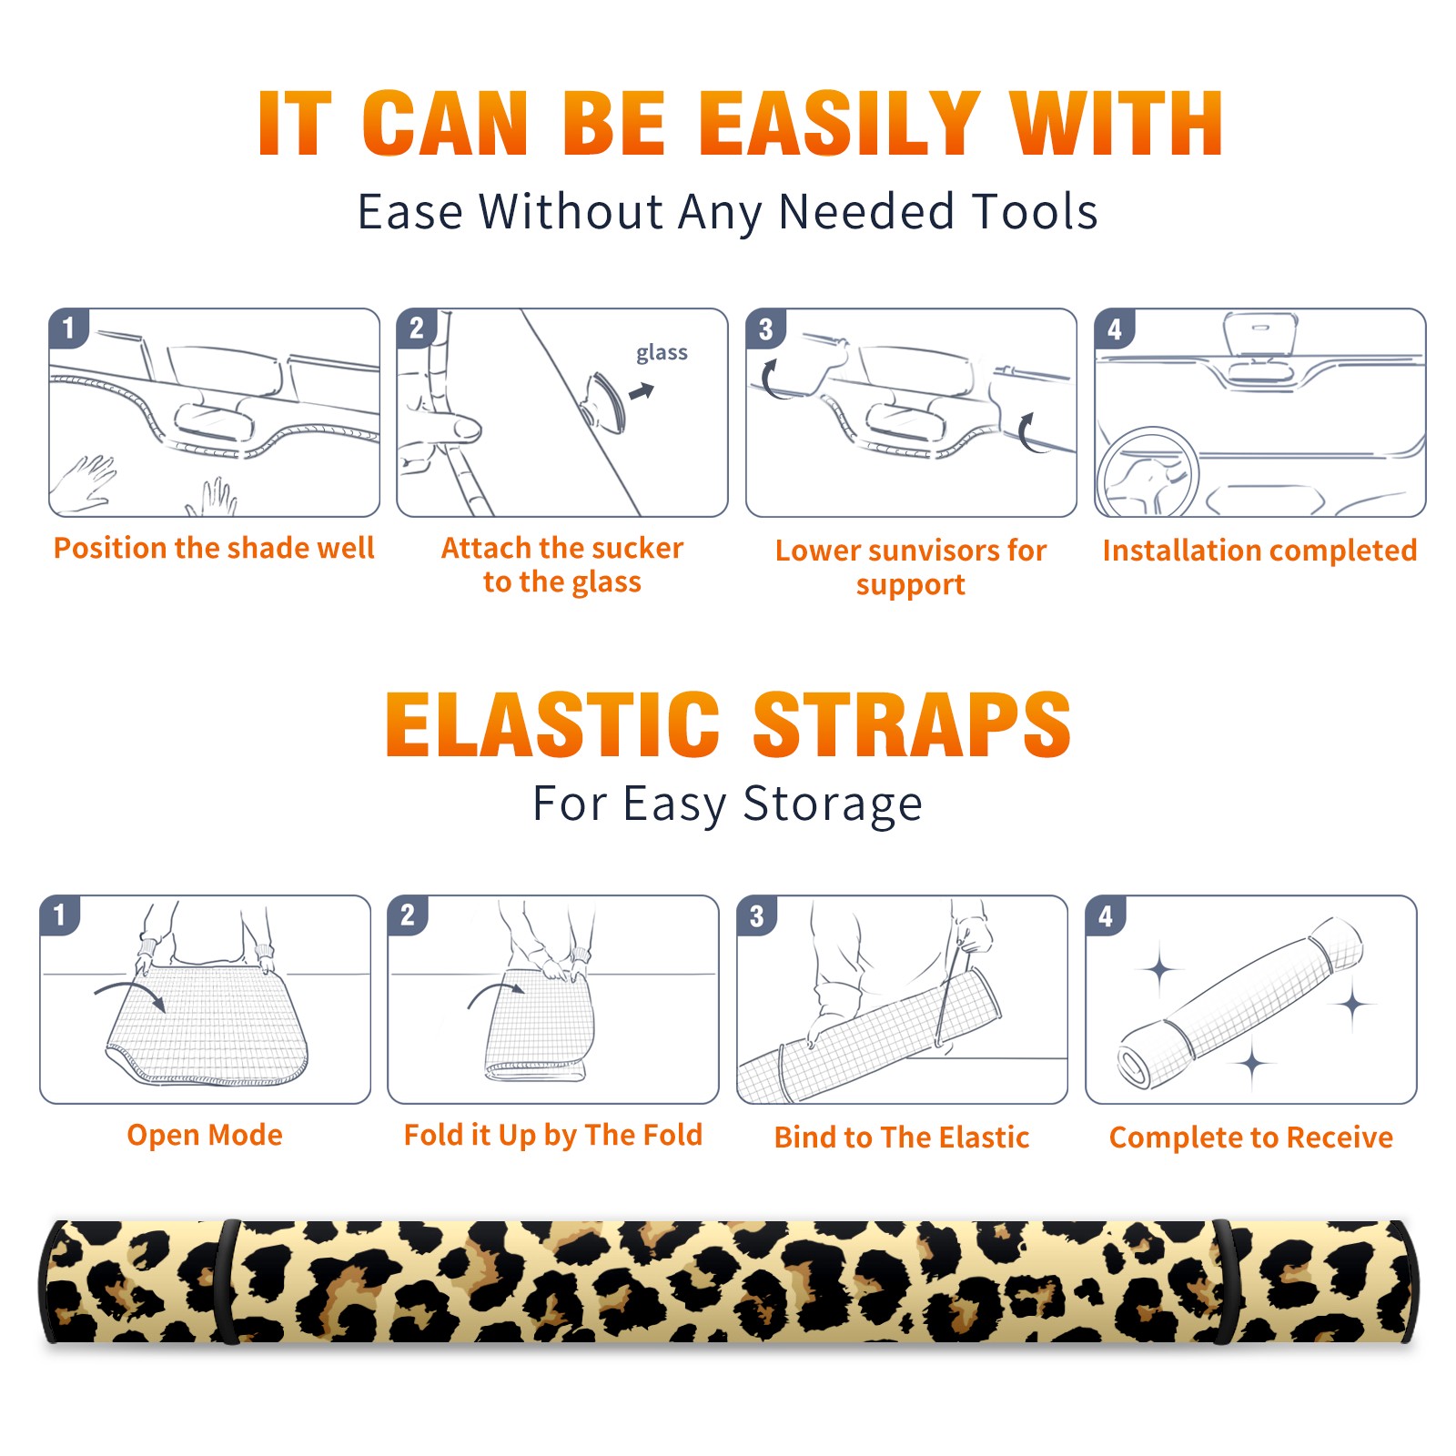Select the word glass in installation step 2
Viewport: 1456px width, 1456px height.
[662, 353]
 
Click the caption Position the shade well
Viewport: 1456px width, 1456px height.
[214, 548]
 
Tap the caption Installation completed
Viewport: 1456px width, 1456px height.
[1259, 550]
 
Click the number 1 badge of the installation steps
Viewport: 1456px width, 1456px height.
[68, 328]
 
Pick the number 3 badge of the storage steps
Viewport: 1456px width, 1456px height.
[756, 915]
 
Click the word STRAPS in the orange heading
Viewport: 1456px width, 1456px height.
[912, 724]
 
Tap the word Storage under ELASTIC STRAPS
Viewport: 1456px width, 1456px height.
[832, 804]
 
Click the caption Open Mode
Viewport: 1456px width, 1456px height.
[205, 1135]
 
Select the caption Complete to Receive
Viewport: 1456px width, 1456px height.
[1251, 1137]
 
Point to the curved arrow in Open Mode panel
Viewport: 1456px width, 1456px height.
[129, 992]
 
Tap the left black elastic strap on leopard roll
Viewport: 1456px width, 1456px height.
[227, 1281]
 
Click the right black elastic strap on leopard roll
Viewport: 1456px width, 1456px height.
[1225, 1281]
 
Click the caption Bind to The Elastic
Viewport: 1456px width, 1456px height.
[902, 1137]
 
